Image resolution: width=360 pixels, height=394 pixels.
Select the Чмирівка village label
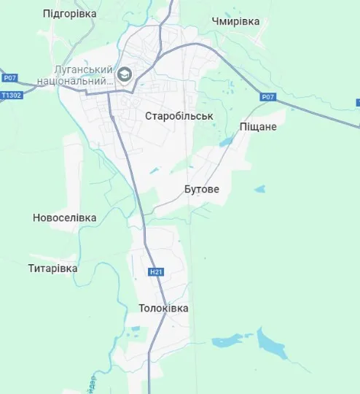(x=235, y=21)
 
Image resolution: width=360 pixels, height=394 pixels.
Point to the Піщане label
(x=258, y=127)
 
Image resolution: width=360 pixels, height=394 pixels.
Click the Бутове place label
(x=200, y=190)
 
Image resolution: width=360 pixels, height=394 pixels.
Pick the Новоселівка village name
(x=64, y=218)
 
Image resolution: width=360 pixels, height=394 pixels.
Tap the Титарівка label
(x=52, y=269)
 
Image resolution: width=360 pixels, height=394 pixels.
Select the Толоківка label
(x=163, y=308)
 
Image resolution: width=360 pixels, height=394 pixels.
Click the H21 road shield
(x=154, y=272)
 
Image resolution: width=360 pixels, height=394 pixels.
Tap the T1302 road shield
(x=11, y=95)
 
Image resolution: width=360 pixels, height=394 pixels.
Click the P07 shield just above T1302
(x=9, y=78)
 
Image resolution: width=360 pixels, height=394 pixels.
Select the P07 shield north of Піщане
(x=267, y=96)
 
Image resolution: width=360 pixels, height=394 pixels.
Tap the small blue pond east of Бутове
(x=260, y=190)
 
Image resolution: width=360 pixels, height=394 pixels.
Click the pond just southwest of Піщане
(x=226, y=142)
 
